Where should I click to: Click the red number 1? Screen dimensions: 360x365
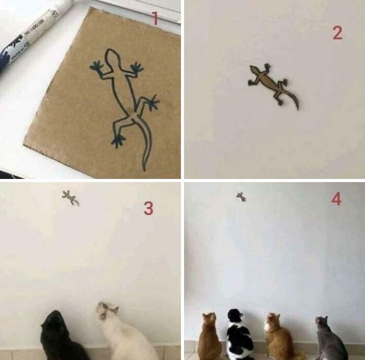(154, 19)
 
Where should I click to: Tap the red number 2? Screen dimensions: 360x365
(337, 33)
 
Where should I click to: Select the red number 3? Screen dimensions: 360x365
(149, 209)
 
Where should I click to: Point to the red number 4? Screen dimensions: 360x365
(336, 199)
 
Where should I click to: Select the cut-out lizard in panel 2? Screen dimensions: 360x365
(272, 83)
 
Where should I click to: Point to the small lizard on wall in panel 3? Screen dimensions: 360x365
(70, 198)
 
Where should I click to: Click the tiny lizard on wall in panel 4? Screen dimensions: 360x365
(241, 197)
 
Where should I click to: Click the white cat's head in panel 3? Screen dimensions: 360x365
(107, 311)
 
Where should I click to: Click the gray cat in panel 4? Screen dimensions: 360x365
(328, 339)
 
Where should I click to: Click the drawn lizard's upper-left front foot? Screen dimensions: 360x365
(96, 66)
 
